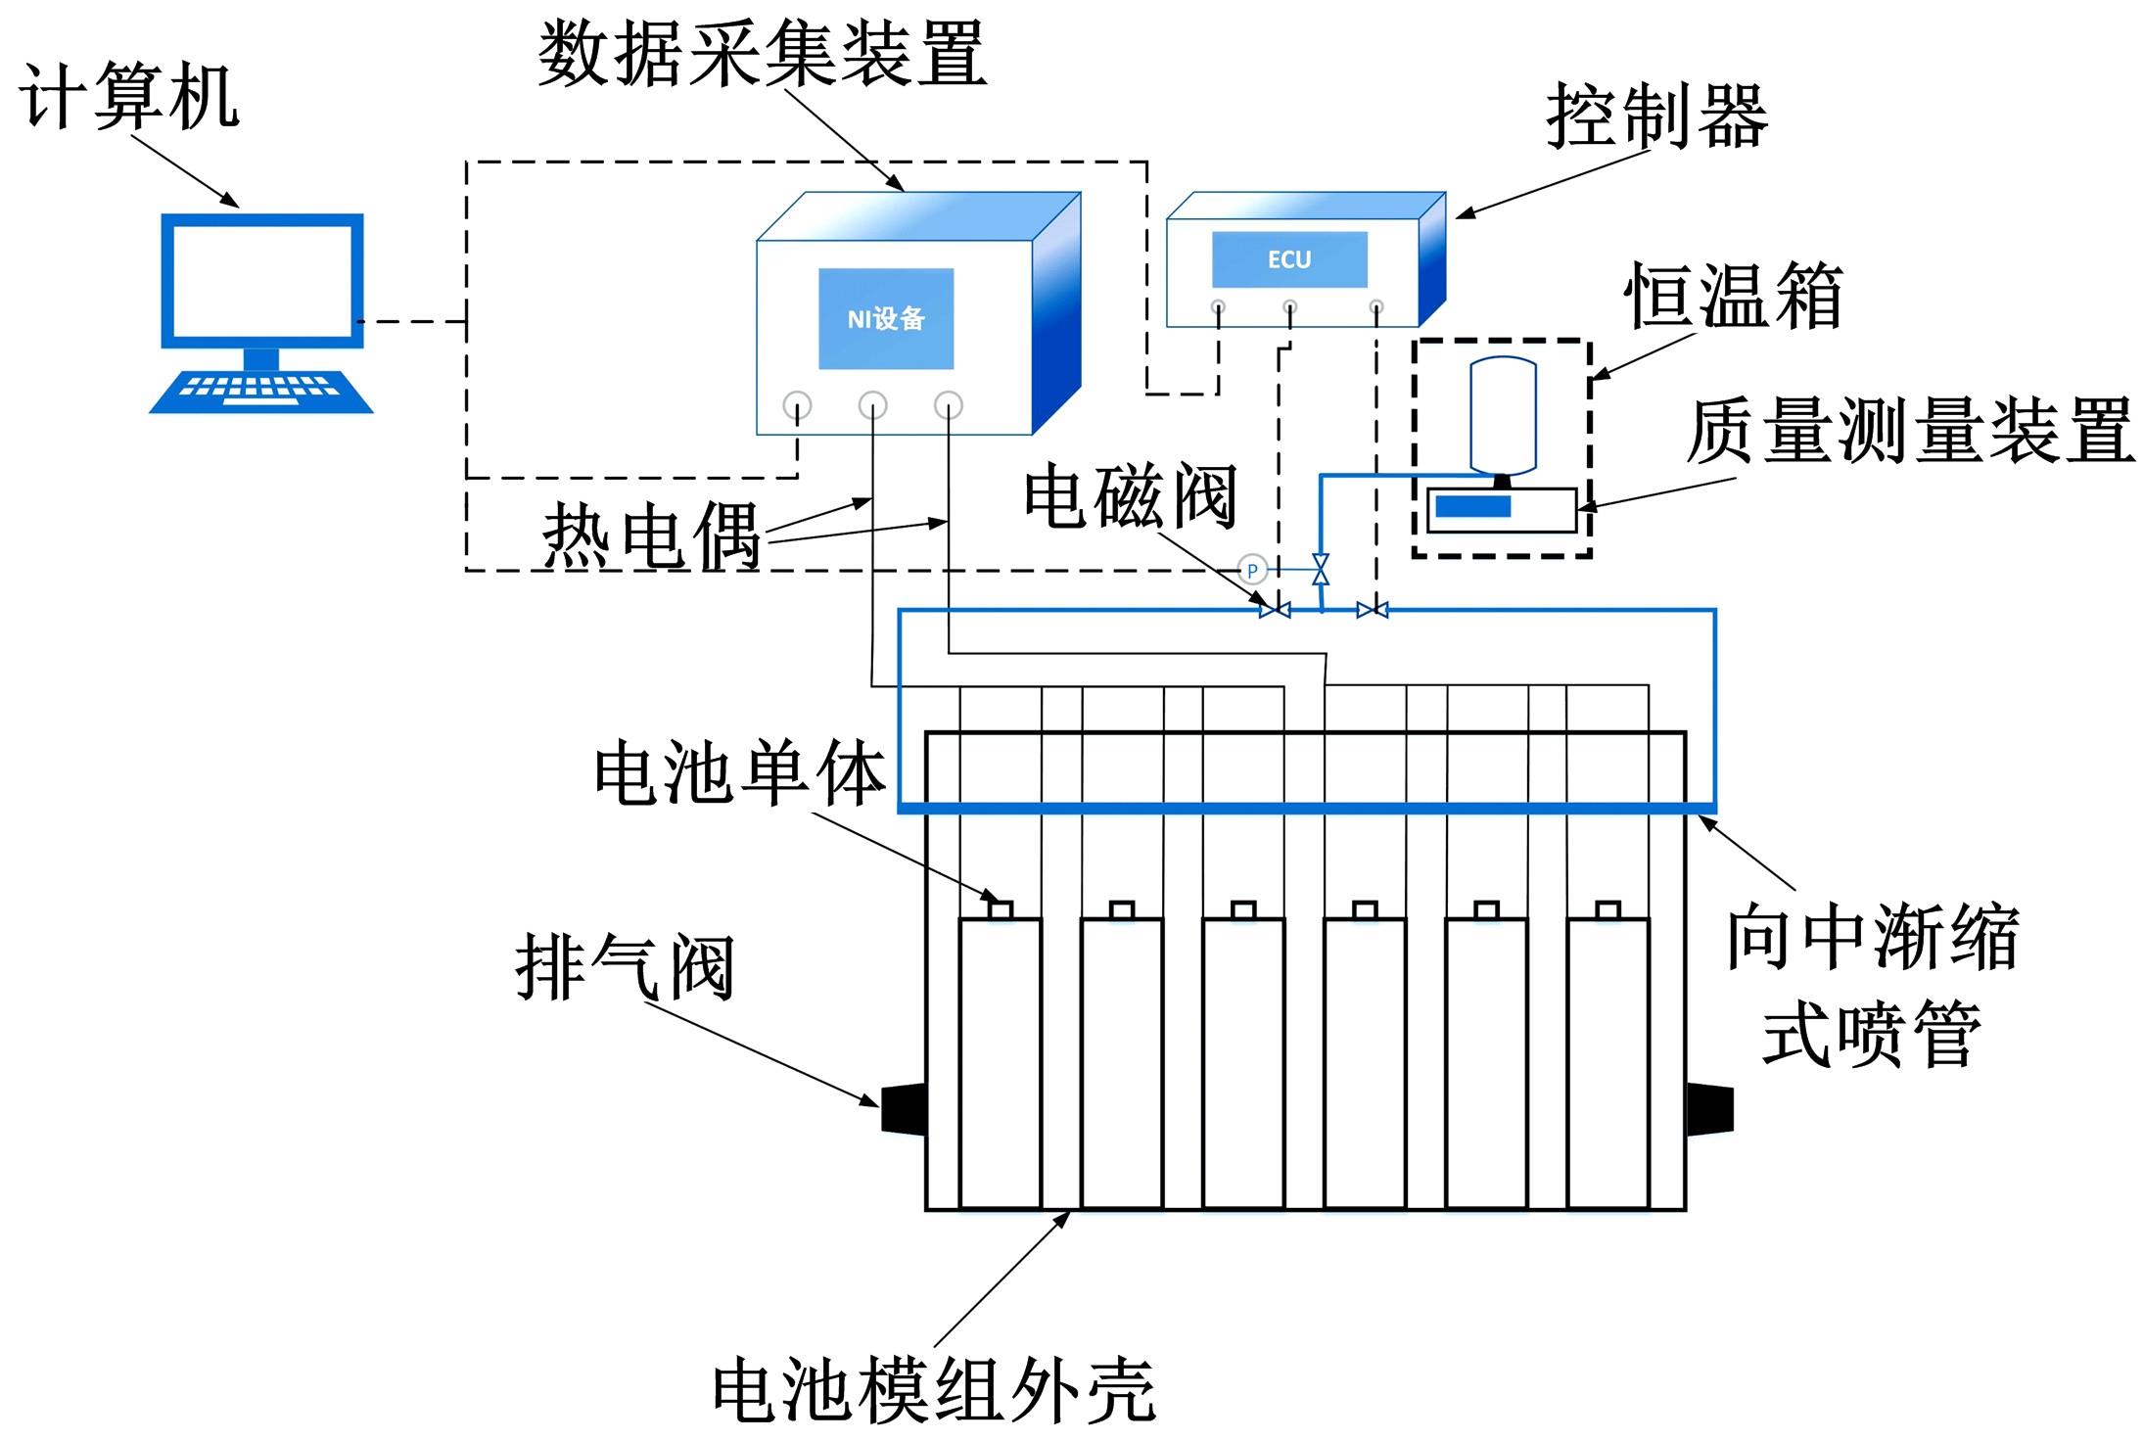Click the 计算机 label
coord(128,96)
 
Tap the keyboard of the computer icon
coord(260,392)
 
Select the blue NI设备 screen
coord(886,318)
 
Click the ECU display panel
coord(1289,259)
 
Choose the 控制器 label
coord(1656,116)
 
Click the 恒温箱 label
coord(1734,295)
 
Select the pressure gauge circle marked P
coord(1252,570)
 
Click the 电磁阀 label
coord(1131,496)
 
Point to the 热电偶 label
coord(652,536)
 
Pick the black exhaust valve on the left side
coord(904,1108)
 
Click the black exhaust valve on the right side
coord(1709,1108)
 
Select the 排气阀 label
coord(625,967)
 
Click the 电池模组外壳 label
coord(934,1390)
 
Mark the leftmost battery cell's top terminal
coord(1000,909)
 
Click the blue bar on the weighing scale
coord(1472,506)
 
